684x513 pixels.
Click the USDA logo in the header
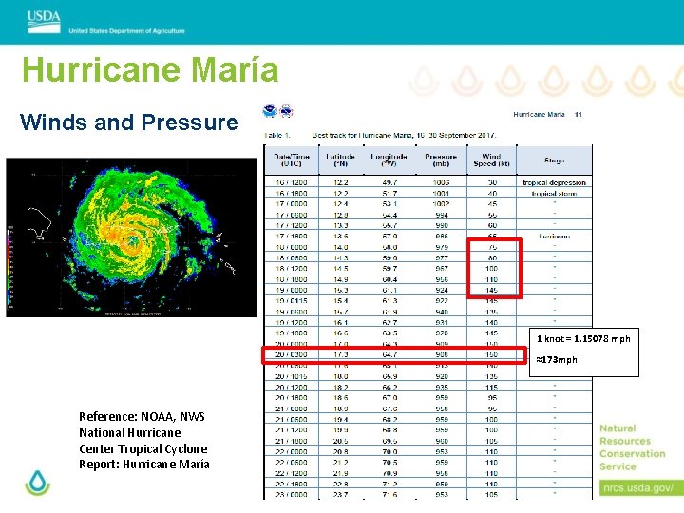pyautogui.click(x=44, y=16)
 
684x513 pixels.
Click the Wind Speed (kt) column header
pyautogui.click(x=491, y=161)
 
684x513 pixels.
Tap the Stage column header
pyautogui.click(x=554, y=161)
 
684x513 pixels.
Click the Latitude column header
pyautogui.click(x=340, y=161)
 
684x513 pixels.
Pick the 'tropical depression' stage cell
pyautogui.click(x=554, y=182)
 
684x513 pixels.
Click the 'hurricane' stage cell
pyautogui.click(x=554, y=236)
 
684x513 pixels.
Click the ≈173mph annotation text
pyautogui.click(x=556, y=360)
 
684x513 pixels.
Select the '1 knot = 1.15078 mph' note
pyautogui.click(x=582, y=339)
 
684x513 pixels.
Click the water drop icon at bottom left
pyautogui.click(x=37, y=482)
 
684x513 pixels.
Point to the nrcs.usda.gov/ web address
pyautogui.click(x=636, y=488)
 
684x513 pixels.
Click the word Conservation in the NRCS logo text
pyautogui.click(x=632, y=453)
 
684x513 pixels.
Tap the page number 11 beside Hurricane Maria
pyautogui.click(x=578, y=115)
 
